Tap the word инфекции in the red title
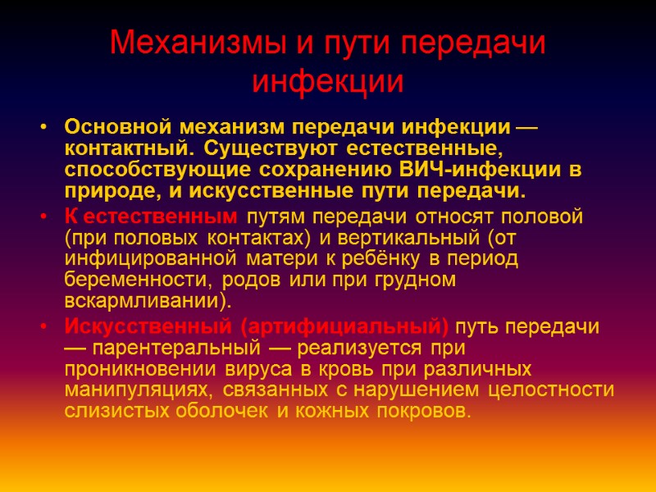click(327, 82)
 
